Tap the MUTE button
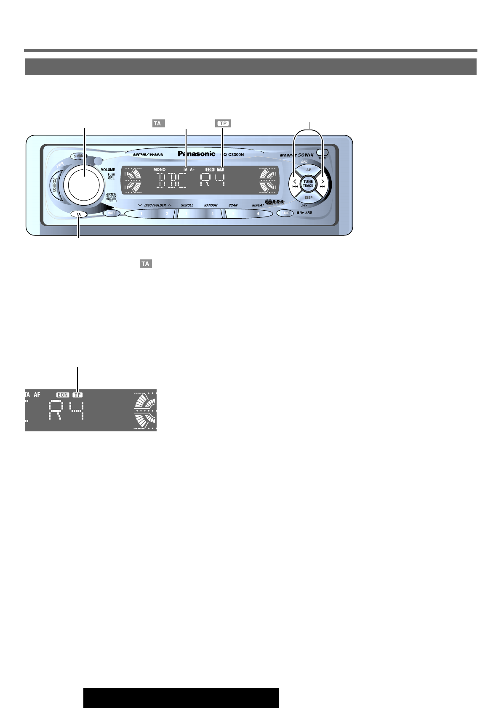click(111, 213)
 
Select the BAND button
click(285, 213)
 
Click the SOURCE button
click(55, 184)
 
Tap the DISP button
click(309, 197)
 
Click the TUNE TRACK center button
click(308, 184)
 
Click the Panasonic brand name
click(197, 154)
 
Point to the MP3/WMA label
click(148, 155)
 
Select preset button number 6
click(258, 214)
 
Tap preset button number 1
click(141, 214)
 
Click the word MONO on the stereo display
click(160, 169)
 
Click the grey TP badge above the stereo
click(223, 124)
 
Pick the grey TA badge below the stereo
click(145, 264)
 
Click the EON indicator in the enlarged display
click(63, 395)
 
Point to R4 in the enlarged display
click(66, 410)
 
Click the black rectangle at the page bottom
click(181, 698)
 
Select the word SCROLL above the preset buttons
click(187, 205)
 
